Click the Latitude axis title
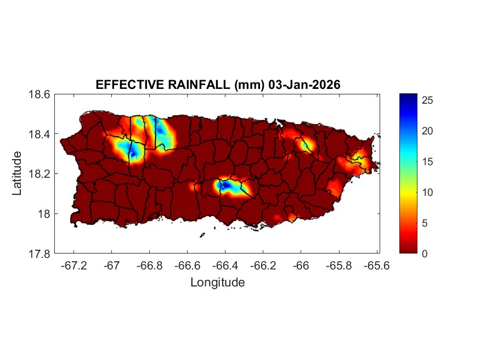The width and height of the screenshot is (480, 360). coord(17,174)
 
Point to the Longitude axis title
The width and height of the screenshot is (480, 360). coord(217,283)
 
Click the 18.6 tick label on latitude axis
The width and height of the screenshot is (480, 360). coord(39,94)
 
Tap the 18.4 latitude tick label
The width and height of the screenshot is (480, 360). coord(39,134)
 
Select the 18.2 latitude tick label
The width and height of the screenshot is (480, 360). coord(39,174)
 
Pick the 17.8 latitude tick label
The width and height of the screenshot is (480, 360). coord(39,254)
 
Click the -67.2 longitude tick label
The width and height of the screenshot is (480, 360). coord(74,266)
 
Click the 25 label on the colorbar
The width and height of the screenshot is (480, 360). coord(428,100)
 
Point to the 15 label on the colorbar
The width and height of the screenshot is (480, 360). coord(428,162)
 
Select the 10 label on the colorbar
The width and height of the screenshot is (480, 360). coord(428,192)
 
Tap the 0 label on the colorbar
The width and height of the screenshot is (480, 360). coord(426,254)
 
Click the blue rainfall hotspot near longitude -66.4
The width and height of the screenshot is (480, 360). coord(224,185)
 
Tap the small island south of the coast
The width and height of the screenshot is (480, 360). coord(202,235)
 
